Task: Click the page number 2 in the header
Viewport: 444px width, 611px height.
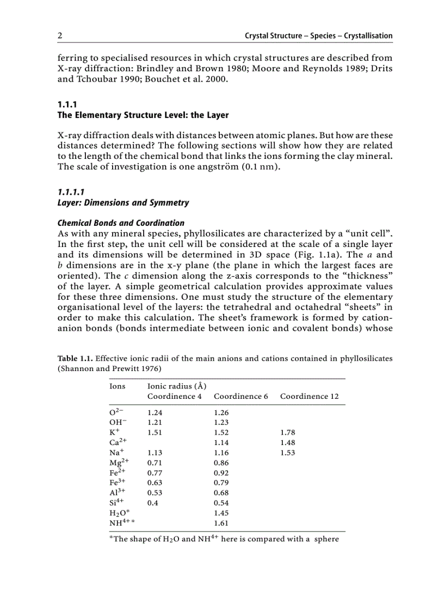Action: click(60, 36)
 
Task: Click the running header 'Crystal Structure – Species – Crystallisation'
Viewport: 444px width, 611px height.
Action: click(318, 36)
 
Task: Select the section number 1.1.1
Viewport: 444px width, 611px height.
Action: click(67, 104)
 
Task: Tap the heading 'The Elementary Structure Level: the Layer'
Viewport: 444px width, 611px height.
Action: click(143, 115)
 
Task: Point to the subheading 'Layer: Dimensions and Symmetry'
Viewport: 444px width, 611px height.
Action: click(124, 203)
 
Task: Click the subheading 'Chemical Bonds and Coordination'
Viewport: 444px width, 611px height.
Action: click(121, 223)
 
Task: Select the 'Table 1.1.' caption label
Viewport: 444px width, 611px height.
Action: click(75, 359)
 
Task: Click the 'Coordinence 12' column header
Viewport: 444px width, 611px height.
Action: click(309, 396)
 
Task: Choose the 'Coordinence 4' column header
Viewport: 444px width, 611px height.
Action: click(174, 396)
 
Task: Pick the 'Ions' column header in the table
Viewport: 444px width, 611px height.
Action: click(118, 386)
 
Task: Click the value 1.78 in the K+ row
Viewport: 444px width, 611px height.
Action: click(287, 433)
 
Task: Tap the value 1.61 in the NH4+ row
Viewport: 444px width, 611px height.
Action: click(221, 523)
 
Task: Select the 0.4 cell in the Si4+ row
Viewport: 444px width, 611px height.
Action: click(152, 503)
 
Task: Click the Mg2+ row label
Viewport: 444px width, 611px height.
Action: click(118, 462)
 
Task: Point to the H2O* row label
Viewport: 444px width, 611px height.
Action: click(120, 513)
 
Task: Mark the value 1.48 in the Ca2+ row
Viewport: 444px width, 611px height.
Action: click(287, 442)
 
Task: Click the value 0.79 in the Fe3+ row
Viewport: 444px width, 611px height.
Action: click(221, 483)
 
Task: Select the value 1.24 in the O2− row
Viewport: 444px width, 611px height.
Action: click(155, 412)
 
